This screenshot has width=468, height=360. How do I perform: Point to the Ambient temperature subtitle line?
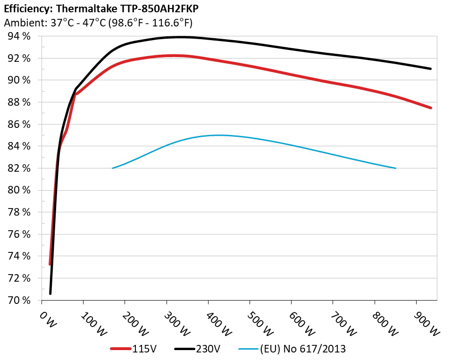pyautogui.click(x=98, y=23)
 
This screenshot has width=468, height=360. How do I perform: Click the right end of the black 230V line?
pyautogui.click(x=431, y=69)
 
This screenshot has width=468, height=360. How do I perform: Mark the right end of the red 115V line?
pyautogui.click(x=431, y=108)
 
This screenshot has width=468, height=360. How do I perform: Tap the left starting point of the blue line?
pyautogui.click(x=112, y=168)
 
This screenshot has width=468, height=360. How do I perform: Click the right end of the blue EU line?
pyautogui.click(x=395, y=168)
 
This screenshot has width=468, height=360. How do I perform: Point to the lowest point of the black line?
pyautogui.click(x=50, y=293)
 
